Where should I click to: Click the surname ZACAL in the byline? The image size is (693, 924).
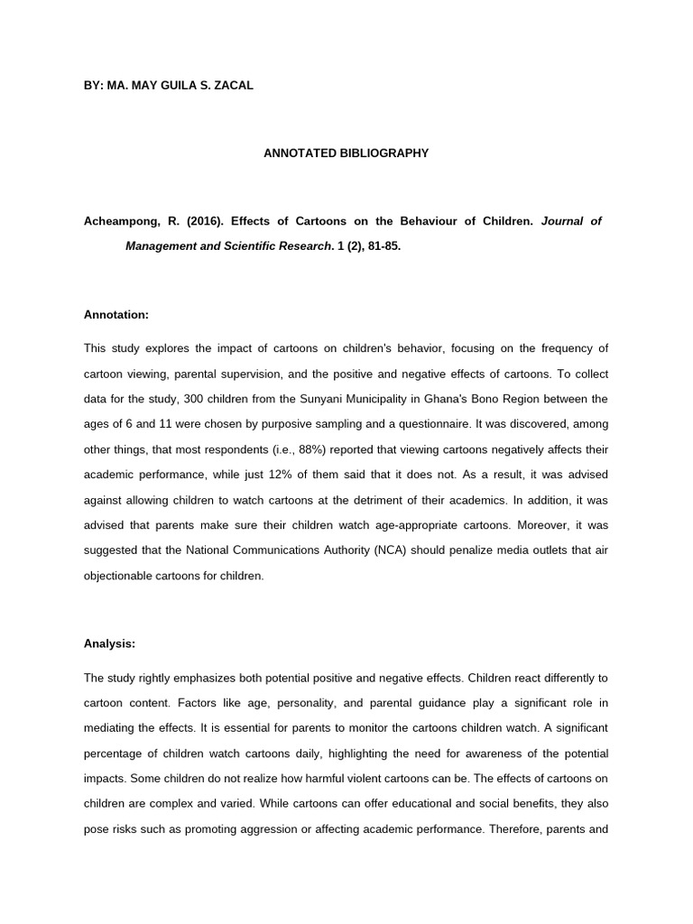231,86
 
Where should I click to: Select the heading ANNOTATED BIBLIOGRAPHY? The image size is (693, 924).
346,153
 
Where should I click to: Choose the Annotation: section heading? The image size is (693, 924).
115,316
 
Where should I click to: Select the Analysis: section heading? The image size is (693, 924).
109,644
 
